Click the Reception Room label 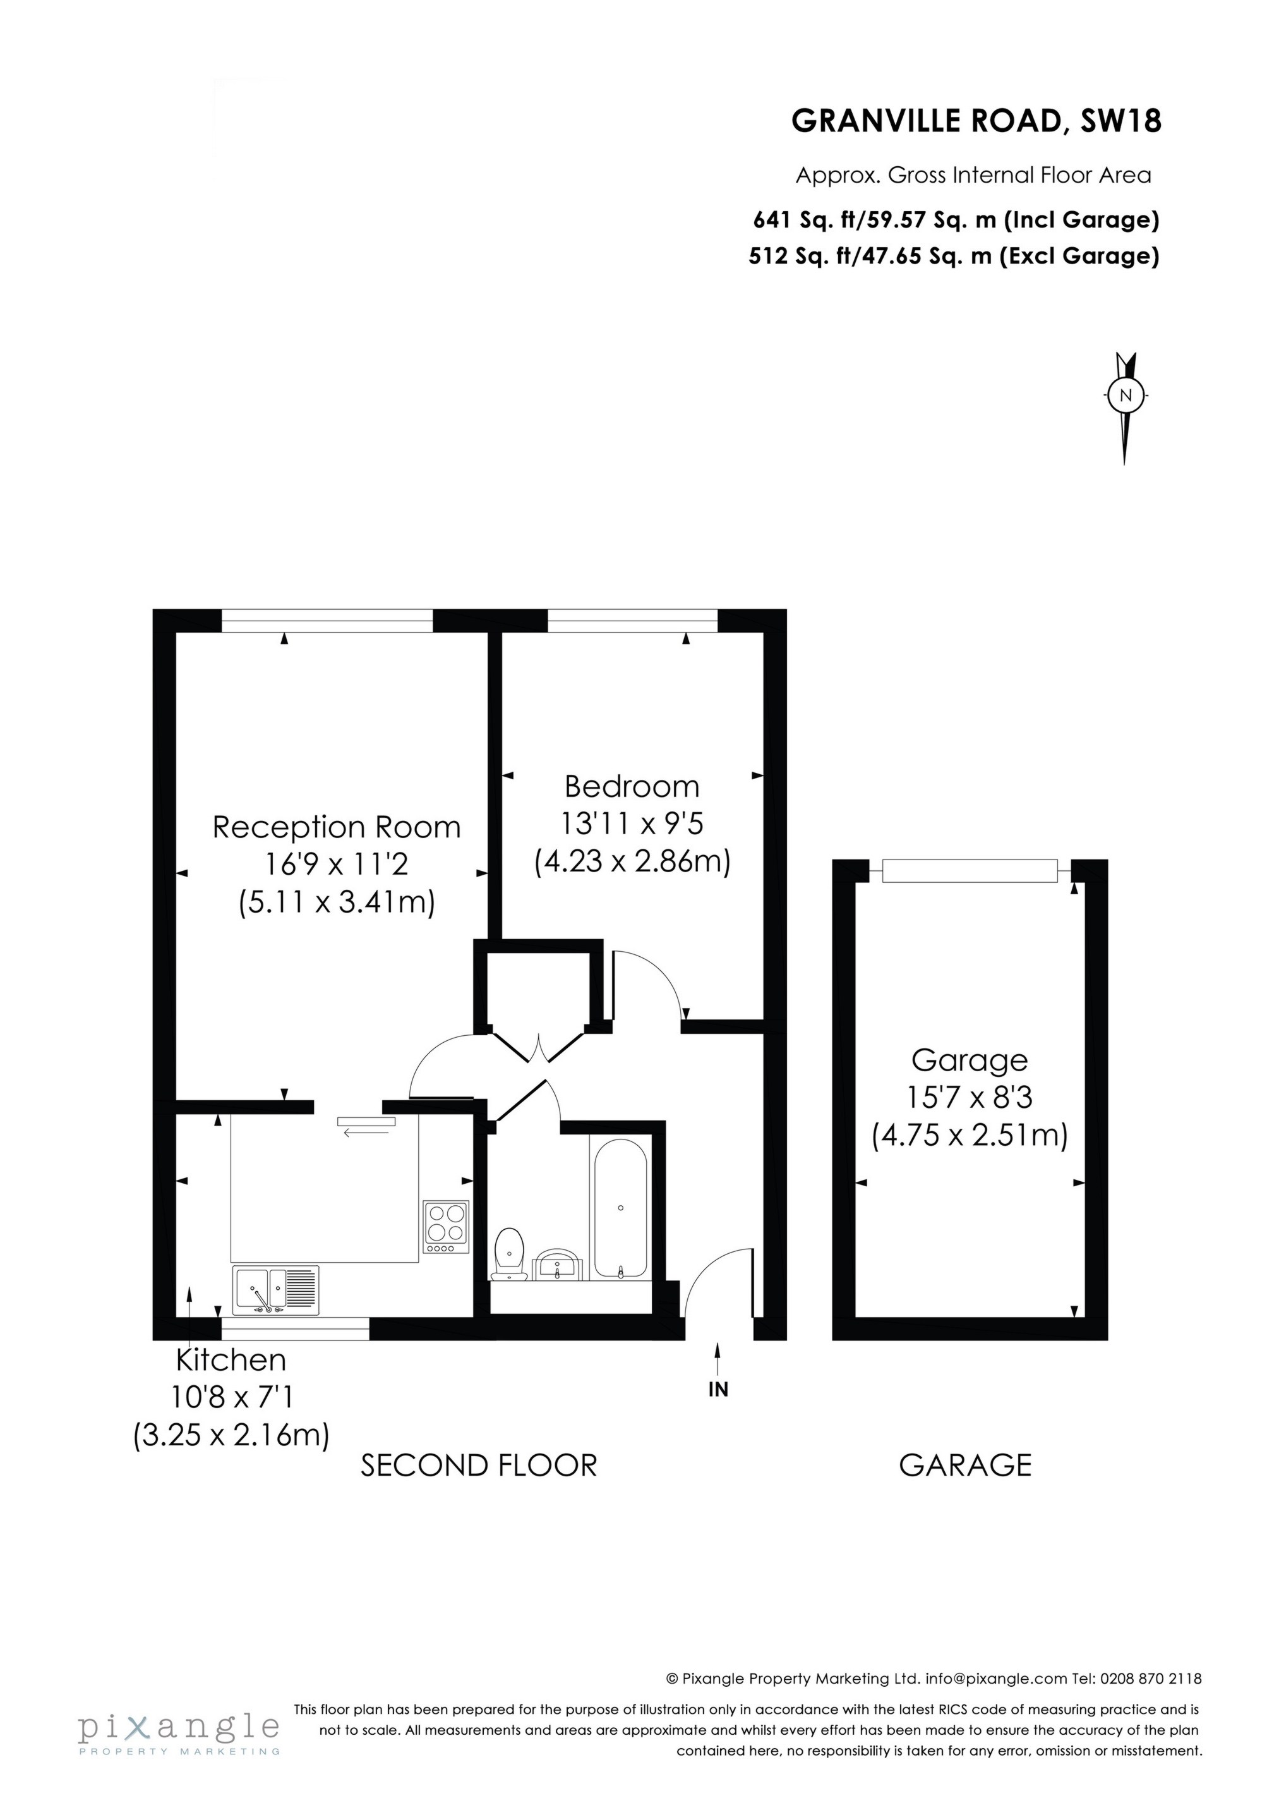click(x=337, y=827)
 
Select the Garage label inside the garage click(x=970, y=1060)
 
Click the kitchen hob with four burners click(x=446, y=1227)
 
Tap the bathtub click(x=620, y=1208)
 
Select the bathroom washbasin click(x=559, y=1267)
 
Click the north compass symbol click(x=1126, y=396)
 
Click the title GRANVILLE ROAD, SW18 click(x=976, y=121)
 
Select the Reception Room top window click(x=327, y=621)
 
